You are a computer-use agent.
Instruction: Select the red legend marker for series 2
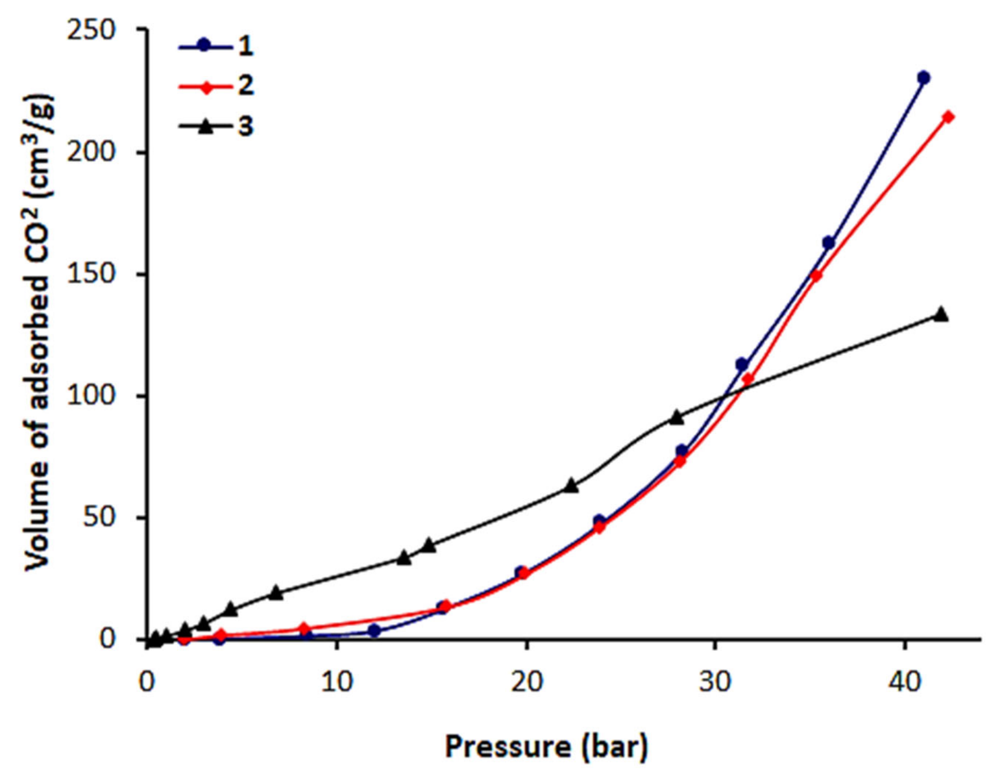click(206, 86)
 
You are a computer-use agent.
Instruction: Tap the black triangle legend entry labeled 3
click(206, 127)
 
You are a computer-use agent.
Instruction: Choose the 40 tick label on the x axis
click(904, 682)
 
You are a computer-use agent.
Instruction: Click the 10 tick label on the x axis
click(336, 682)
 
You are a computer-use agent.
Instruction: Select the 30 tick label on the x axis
click(715, 682)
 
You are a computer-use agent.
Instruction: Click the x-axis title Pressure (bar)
click(546, 746)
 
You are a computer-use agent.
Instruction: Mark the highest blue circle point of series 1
click(923, 78)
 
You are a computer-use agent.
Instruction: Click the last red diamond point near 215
click(947, 117)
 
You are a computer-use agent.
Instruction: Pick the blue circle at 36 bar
click(828, 243)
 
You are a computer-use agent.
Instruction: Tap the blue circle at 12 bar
click(374, 631)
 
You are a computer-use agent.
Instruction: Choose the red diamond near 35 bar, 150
click(816, 275)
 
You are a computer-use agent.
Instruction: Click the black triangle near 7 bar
click(276, 592)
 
